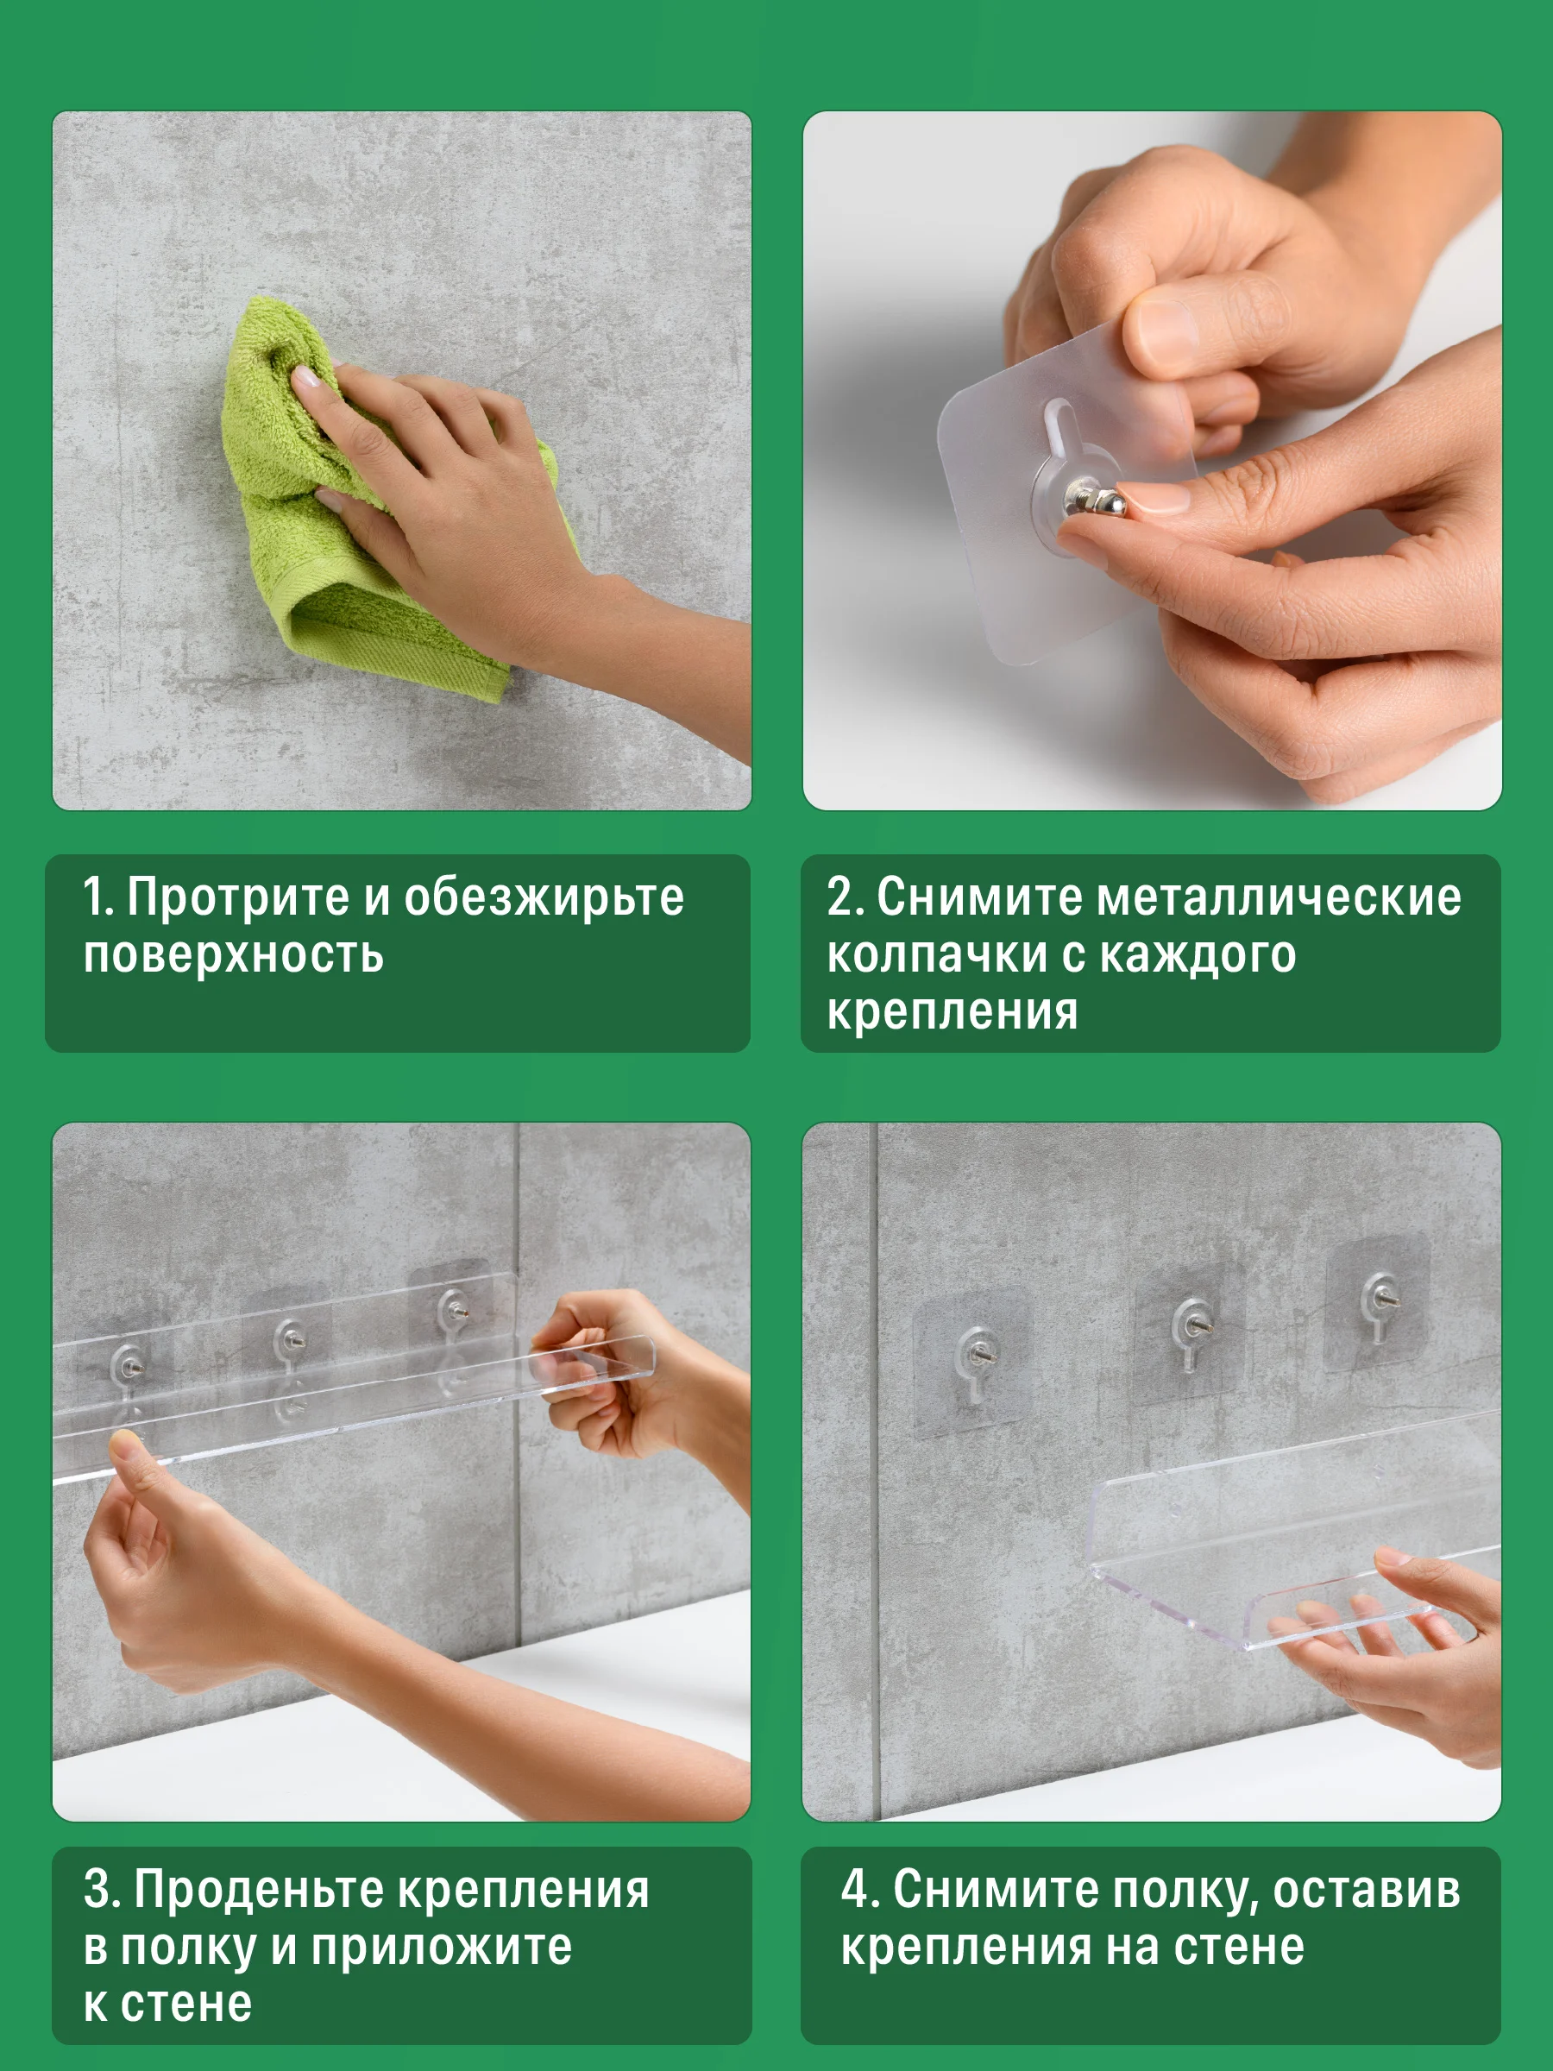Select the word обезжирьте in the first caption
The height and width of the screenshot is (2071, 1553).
click(x=544, y=897)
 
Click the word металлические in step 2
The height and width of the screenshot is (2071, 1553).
click(x=1279, y=897)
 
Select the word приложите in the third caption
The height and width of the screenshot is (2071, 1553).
click(x=442, y=1948)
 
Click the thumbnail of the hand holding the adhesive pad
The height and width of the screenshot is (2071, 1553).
click(x=1153, y=461)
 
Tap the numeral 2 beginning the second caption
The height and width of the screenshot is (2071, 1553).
click(x=839, y=896)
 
